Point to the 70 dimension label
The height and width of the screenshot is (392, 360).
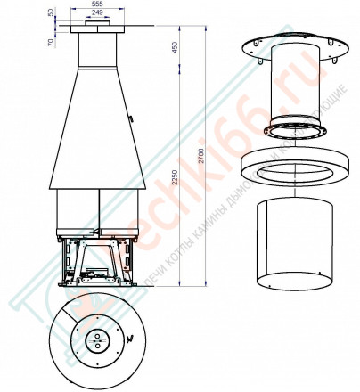(x=52, y=41)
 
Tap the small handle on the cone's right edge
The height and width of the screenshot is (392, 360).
(x=132, y=117)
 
